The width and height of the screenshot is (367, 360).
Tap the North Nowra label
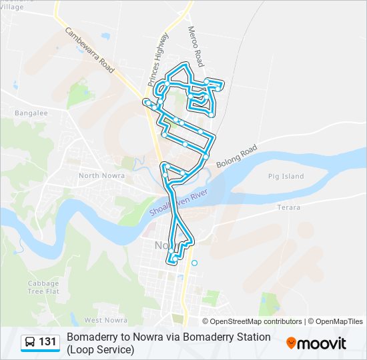click(x=98, y=175)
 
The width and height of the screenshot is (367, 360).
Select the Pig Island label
click(x=285, y=177)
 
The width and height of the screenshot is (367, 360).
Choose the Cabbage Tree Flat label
click(x=43, y=287)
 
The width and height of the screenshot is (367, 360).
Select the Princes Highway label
click(x=158, y=59)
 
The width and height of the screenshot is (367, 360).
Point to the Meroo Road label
click(x=195, y=47)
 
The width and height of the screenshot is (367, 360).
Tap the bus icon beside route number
click(x=30, y=343)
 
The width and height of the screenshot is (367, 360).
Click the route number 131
click(x=47, y=343)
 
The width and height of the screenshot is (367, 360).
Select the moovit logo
click(x=316, y=343)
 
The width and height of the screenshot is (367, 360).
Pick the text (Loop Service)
click(x=100, y=349)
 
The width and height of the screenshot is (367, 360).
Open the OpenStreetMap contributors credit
click(x=256, y=321)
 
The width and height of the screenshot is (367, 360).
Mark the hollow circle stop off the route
click(x=194, y=263)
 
